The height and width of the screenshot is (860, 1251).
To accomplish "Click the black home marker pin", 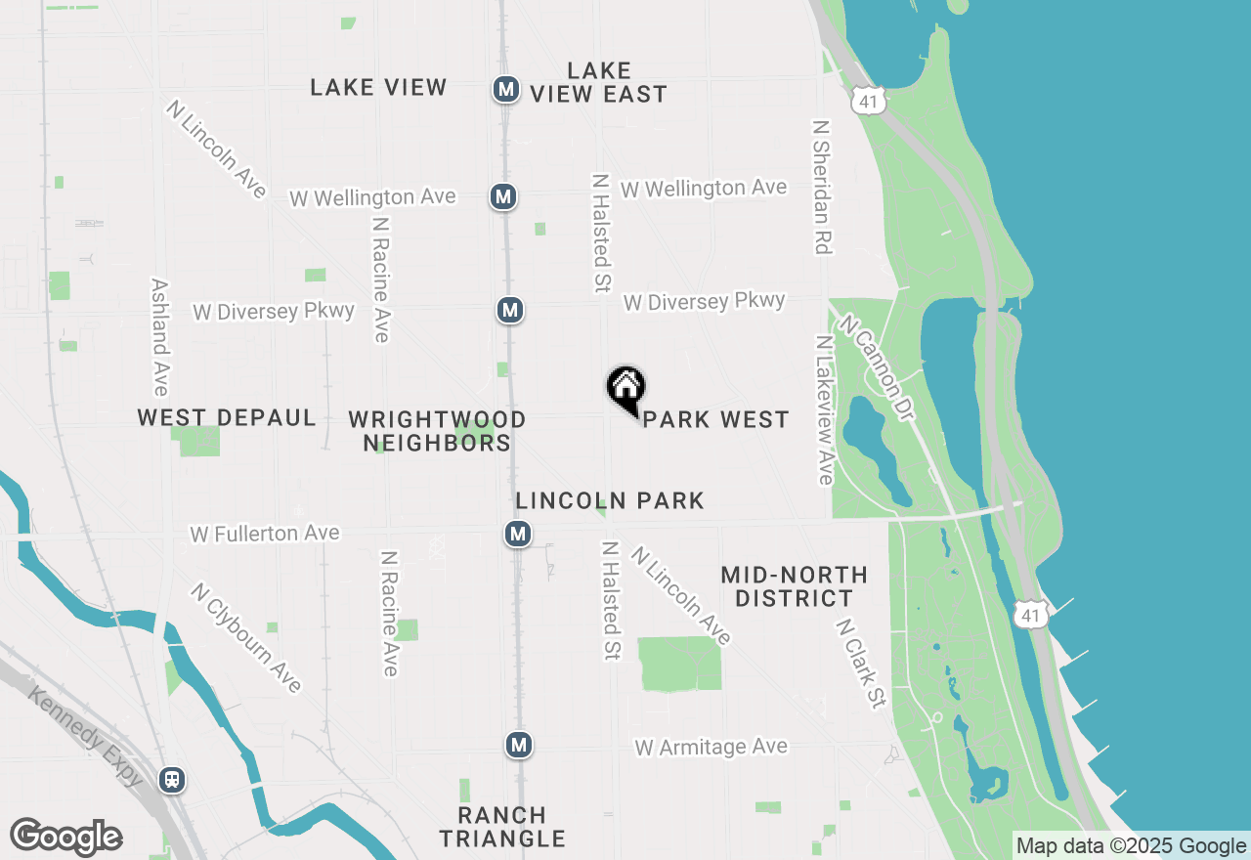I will (x=626, y=389).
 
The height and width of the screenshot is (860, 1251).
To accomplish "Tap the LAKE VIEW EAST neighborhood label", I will (x=599, y=82).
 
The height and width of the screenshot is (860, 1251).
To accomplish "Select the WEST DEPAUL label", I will (x=227, y=418).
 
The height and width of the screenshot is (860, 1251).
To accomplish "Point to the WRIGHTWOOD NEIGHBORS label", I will (x=437, y=431).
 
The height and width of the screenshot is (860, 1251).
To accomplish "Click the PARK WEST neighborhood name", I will (x=716, y=419).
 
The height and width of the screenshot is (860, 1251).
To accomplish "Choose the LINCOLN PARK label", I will (x=610, y=501).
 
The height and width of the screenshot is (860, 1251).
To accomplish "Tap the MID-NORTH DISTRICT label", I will (x=794, y=585).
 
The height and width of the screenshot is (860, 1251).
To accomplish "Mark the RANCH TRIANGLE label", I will (x=502, y=827).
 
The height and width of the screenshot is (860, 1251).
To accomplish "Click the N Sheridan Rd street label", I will (x=821, y=187).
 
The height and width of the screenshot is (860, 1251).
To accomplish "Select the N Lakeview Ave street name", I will (x=825, y=410).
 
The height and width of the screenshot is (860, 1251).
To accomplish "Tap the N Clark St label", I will (x=861, y=664).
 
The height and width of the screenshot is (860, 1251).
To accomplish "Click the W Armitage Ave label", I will (x=711, y=748).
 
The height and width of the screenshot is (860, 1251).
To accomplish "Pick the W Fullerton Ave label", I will (x=266, y=534).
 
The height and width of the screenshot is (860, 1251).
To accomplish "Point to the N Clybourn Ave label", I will (x=245, y=638).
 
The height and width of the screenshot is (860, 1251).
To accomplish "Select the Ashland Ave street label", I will (x=160, y=337).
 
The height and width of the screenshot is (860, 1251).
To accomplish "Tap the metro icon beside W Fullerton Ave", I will (x=518, y=534).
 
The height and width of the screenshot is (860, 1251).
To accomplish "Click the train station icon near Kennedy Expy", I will (x=172, y=780).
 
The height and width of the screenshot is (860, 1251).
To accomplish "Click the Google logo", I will (x=65, y=838).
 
